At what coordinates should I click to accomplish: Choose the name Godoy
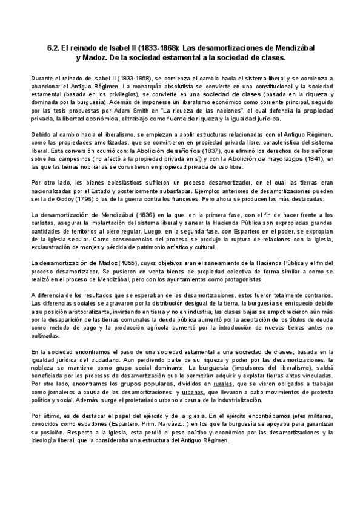[x=68, y=198]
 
